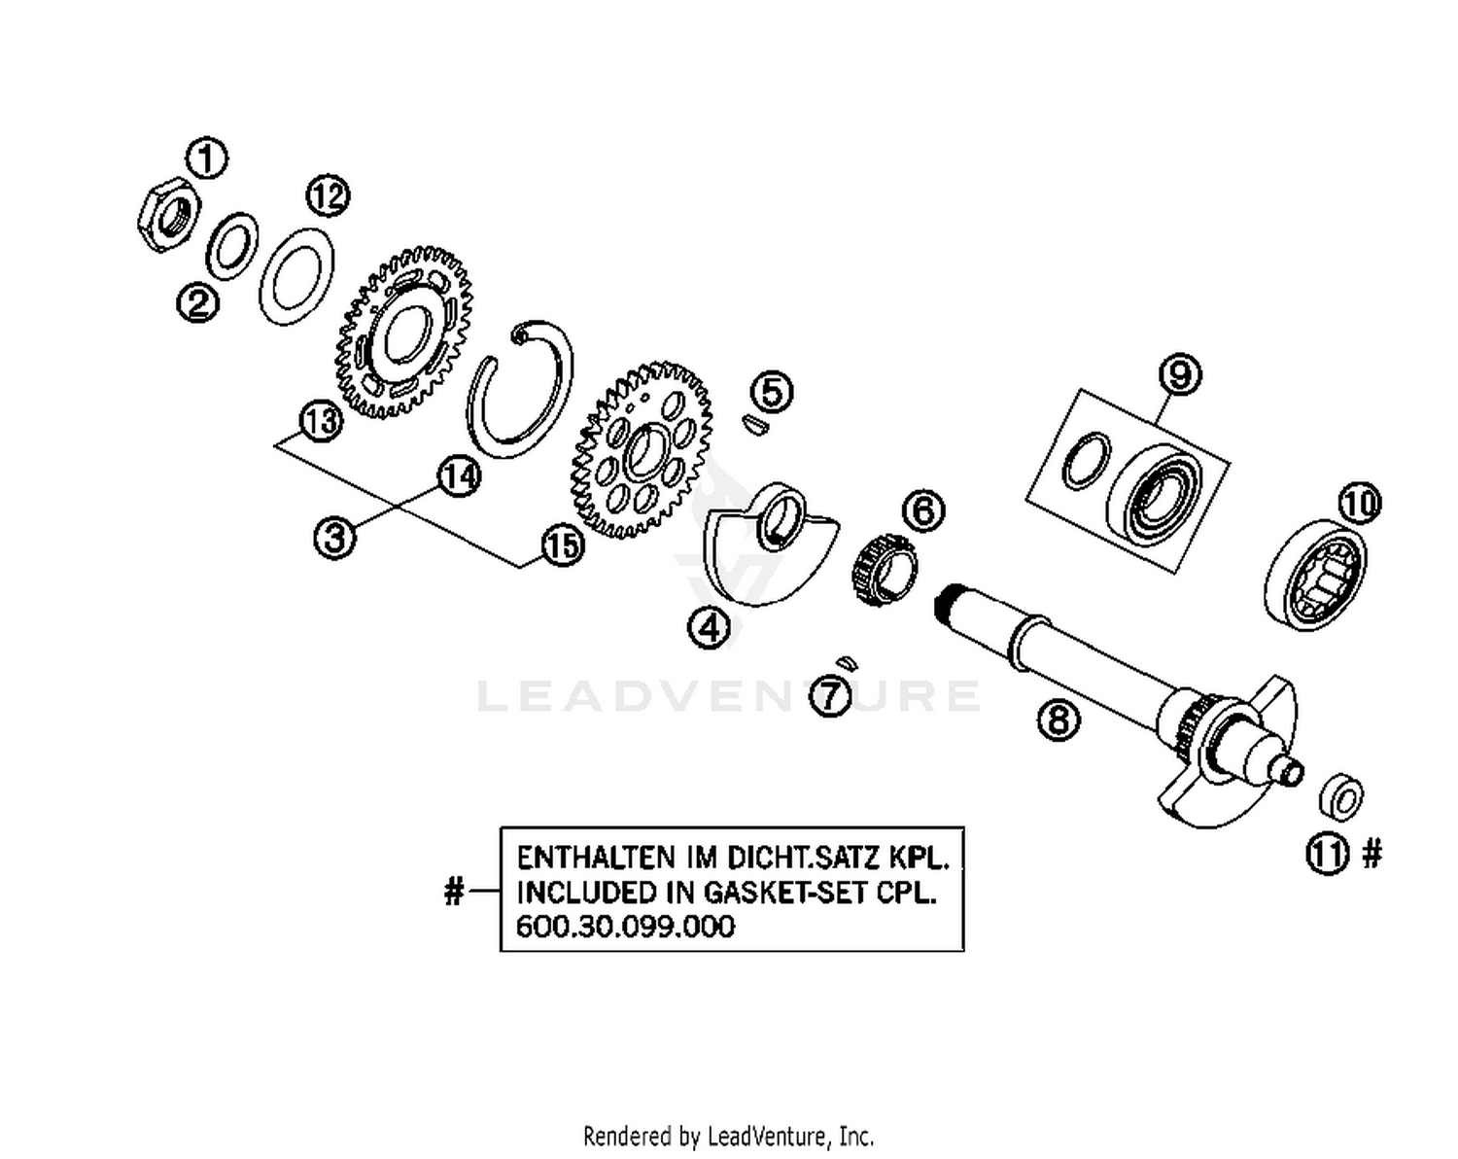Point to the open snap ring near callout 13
click(x=519, y=383)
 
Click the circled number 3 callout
click(x=334, y=537)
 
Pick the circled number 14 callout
click(x=460, y=476)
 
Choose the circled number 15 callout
click(x=562, y=545)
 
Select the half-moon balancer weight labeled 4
click(x=768, y=544)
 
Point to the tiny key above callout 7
click(x=847, y=662)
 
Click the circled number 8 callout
click(x=1059, y=720)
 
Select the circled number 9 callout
click(x=1180, y=374)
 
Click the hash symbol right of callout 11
click(x=1371, y=854)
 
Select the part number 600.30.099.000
click(x=625, y=926)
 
